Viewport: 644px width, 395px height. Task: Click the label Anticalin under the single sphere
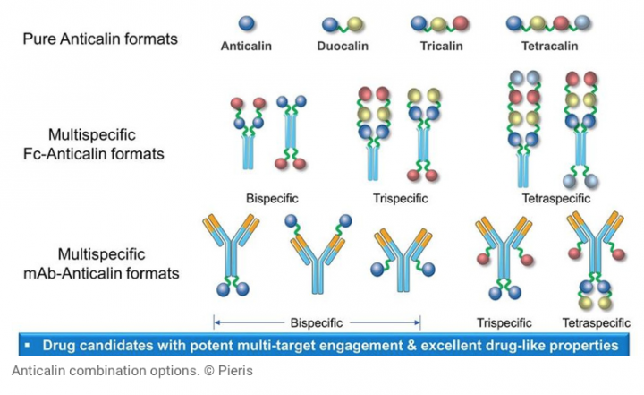246,46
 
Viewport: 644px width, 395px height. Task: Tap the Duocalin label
343,46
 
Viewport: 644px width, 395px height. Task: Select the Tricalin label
442,46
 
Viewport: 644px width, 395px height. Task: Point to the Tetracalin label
549,46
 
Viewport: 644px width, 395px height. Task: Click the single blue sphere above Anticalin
247,23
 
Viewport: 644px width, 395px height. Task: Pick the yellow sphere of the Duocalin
355,25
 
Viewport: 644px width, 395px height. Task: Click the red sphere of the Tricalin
461,24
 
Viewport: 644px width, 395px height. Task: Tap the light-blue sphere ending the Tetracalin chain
582,22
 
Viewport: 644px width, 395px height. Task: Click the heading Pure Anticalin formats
100,39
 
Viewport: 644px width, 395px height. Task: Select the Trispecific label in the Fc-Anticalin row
401,199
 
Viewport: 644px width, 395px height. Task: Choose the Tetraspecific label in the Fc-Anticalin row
556,199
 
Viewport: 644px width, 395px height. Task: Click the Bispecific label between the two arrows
317,323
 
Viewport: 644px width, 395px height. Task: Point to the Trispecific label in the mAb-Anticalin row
504,323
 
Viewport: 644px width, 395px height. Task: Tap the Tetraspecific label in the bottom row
597,323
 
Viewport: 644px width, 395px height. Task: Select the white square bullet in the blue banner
28,345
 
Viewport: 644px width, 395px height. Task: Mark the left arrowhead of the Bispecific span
216,323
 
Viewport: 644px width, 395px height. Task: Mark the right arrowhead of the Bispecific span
418,323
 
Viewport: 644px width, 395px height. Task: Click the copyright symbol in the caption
209,371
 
